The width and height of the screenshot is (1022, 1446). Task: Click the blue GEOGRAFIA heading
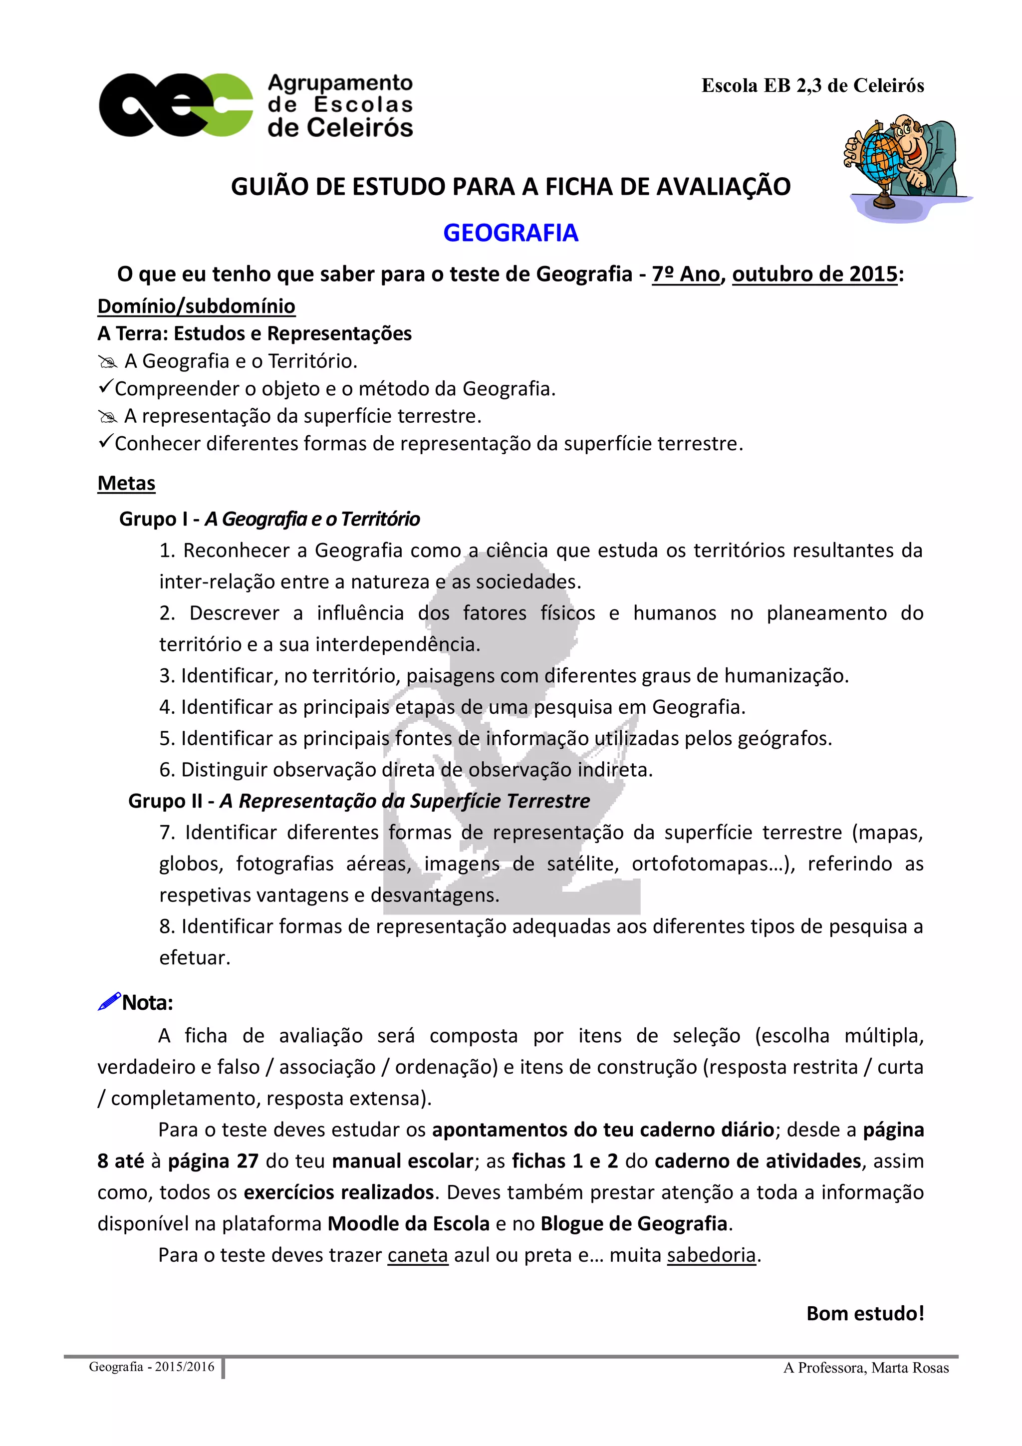pos(510,233)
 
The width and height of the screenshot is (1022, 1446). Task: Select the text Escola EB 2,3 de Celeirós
pos(812,86)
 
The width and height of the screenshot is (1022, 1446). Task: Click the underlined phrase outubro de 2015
pos(814,274)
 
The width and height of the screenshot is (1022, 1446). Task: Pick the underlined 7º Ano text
pos(685,274)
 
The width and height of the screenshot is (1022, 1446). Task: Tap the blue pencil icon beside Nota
pos(108,1001)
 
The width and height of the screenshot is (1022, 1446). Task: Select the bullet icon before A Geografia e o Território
pos(107,361)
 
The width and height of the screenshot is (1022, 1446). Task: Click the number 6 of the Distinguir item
pos(166,770)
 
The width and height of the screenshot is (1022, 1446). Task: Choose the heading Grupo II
pos(166,801)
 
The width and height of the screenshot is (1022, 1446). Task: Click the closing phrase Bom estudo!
pos(865,1314)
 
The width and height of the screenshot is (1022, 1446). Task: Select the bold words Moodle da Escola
pos(409,1224)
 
